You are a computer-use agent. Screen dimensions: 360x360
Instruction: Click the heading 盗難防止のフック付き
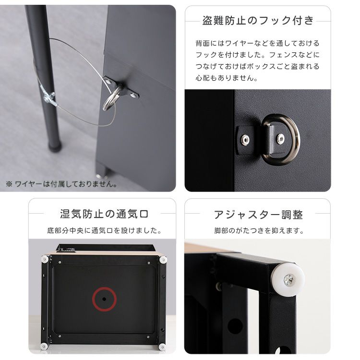coord(258,21)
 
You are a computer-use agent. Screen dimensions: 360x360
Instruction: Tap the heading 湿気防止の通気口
coord(104,214)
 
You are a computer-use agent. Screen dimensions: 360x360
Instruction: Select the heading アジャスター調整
coord(258,215)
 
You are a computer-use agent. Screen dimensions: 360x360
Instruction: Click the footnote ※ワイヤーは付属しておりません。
coord(62,184)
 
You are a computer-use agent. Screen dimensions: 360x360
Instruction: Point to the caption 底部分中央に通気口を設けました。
coord(105,230)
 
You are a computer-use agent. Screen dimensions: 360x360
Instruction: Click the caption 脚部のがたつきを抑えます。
coord(259,230)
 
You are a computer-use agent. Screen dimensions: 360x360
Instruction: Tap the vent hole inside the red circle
coord(104,299)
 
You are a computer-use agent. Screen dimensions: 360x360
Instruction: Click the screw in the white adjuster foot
coord(288,280)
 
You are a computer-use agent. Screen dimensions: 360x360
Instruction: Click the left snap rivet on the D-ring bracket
coord(245,139)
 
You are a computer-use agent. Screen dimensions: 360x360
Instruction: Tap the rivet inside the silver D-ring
coord(280,139)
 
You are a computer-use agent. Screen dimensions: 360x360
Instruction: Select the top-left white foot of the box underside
coord(45,259)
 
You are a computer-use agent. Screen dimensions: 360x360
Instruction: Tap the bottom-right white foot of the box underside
coord(162,347)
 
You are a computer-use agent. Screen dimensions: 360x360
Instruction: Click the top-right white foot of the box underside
coord(163,260)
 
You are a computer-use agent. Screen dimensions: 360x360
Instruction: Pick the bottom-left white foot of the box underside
coord(44,346)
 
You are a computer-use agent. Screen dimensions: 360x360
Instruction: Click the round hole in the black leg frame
coord(235,327)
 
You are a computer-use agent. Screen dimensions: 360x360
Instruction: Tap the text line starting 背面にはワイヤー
coord(257,43)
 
